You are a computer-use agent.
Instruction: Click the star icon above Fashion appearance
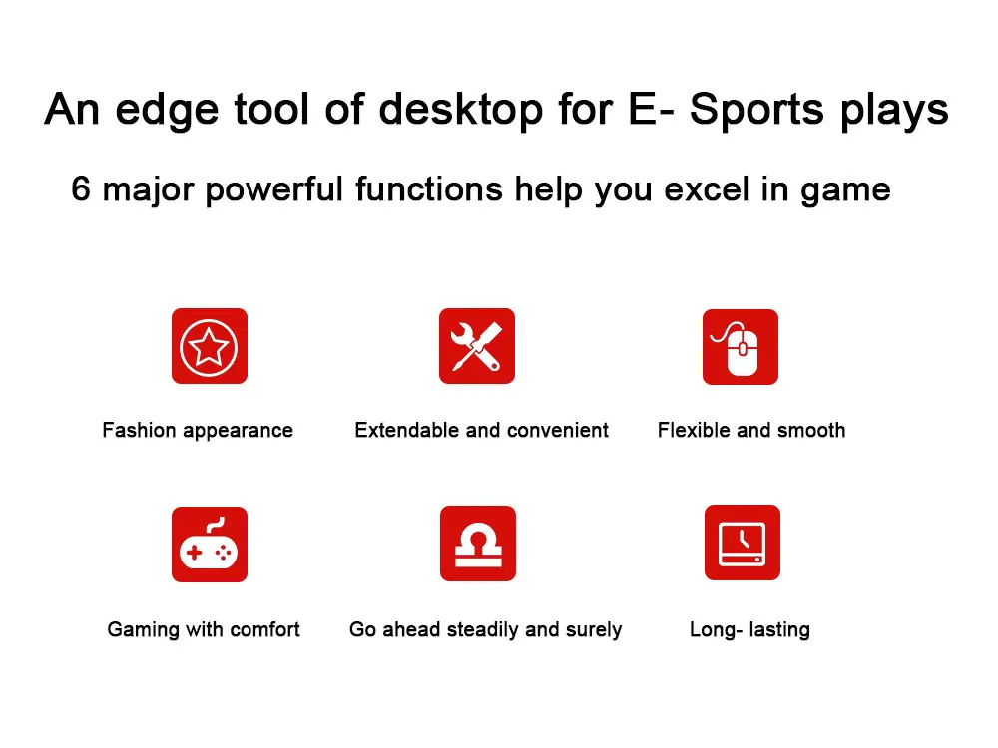tap(210, 346)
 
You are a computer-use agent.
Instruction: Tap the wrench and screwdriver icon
tap(477, 346)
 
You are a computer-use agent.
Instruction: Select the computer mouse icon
tap(741, 347)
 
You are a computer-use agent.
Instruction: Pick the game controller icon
tap(210, 545)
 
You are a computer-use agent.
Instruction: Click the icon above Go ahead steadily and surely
tap(478, 544)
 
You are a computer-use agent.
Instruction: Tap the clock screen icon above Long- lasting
tap(743, 543)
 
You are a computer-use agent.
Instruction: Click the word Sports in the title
tap(756, 109)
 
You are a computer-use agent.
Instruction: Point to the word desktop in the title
tap(461, 109)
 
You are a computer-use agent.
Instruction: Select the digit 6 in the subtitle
tap(81, 188)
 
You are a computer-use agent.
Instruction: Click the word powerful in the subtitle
tap(274, 189)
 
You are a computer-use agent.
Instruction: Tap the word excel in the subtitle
tap(707, 188)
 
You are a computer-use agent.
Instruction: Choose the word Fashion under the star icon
tap(139, 430)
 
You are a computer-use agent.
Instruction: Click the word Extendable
tap(405, 430)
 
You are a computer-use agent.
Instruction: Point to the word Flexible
tap(694, 430)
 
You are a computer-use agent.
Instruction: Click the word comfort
tap(264, 629)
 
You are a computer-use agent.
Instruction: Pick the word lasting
tap(779, 629)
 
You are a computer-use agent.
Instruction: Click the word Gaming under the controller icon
tap(143, 629)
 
